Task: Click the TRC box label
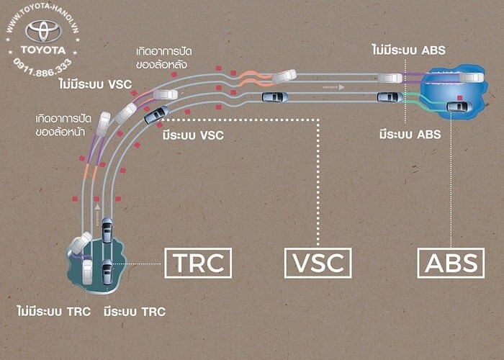(x=198, y=263)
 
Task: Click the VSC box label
(x=318, y=263)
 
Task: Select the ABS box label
(x=451, y=263)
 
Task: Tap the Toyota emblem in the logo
(x=43, y=31)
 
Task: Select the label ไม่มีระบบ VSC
(x=96, y=84)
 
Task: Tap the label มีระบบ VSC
(x=193, y=135)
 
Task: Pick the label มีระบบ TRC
(x=135, y=312)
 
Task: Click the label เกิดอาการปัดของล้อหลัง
(x=166, y=58)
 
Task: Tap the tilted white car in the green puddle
(x=81, y=243)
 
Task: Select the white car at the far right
(x=471, y=77)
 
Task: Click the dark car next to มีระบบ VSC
(x=157, y=114)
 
